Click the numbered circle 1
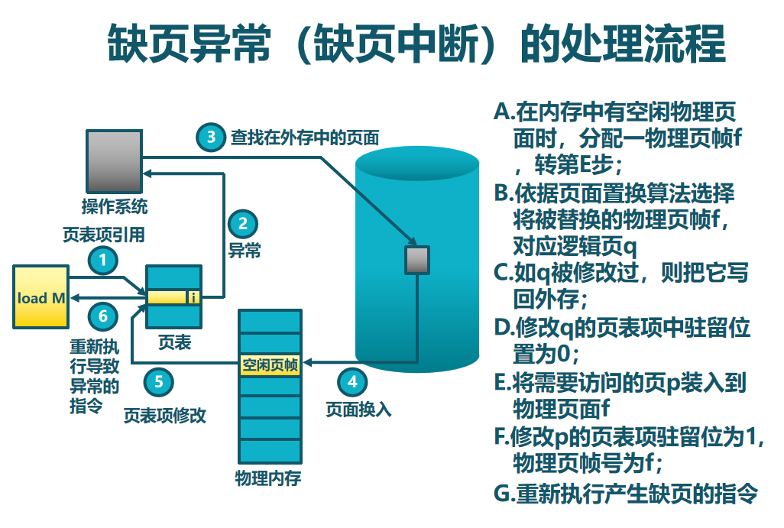pos(104,260)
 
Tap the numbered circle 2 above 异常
pos(243,224)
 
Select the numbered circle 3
pos(210,137)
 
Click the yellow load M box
pos(41,297)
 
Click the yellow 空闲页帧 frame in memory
pos(270,364)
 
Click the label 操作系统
pos(115,206)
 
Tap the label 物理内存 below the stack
pos(267,479)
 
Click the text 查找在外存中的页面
pos(305,138)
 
